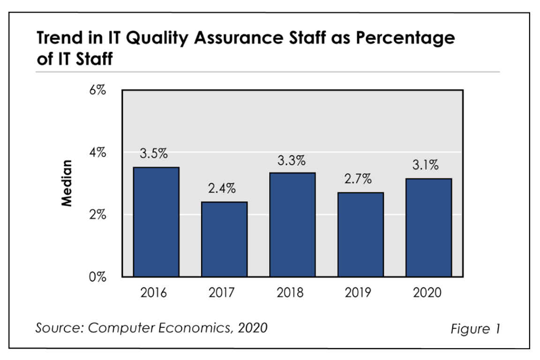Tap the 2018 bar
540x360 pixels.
coord(292,225)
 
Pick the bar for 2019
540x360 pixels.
coord(360,234)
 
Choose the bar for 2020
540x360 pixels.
coord(428,228)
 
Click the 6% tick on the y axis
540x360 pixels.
coord(97,90)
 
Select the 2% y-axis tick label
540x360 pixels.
coord(97,215)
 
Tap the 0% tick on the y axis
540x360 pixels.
coord(97,277)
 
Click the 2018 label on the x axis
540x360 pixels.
coord(291,293)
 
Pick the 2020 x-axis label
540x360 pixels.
coord(427,293)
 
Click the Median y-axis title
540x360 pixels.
coord(67,183)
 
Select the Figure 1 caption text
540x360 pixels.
coord(475,329)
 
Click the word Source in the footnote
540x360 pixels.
coord(55,328)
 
